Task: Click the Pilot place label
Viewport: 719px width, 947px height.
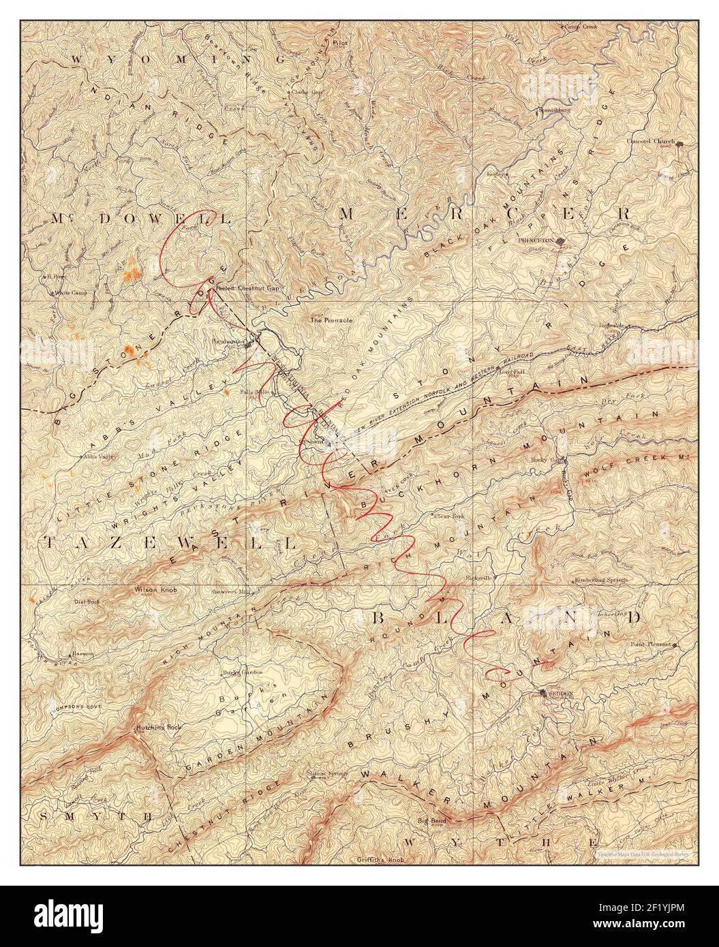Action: [x=340, y=42]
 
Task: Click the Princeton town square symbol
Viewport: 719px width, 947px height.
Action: [x=561, y=240]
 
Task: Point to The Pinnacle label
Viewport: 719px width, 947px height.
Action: [x=331, y=319]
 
